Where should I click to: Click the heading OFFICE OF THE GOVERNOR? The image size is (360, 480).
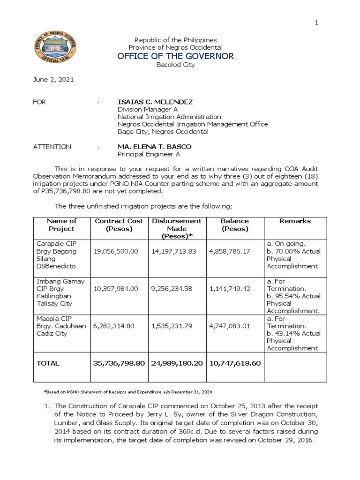[x=175, y=56]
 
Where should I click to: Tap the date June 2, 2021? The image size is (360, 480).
[x=53, y=80]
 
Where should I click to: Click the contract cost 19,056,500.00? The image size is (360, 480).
[x=116, y=251]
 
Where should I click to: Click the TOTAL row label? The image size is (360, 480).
[x=48, y=363]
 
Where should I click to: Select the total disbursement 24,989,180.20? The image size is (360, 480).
[x=177, y=363]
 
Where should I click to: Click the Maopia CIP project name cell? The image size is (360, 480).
[x=60, y=326]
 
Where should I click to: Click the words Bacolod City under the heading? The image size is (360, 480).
[x=175, y=65]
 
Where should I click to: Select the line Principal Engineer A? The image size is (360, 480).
[x=148, y=154]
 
